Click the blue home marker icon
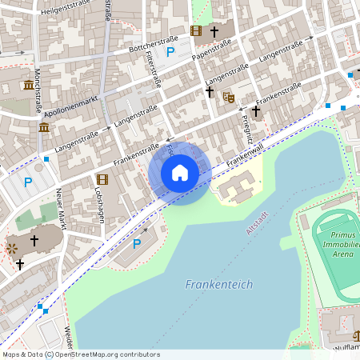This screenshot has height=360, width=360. (180, 173)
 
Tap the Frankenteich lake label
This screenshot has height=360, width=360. (218, 284)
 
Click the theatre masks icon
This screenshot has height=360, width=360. (228, 97)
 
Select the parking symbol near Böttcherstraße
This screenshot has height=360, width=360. (170, 53)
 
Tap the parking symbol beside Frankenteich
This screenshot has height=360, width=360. (136, 243)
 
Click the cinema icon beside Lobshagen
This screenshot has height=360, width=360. (102, 179)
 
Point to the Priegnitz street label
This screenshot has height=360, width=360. (246, 123)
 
